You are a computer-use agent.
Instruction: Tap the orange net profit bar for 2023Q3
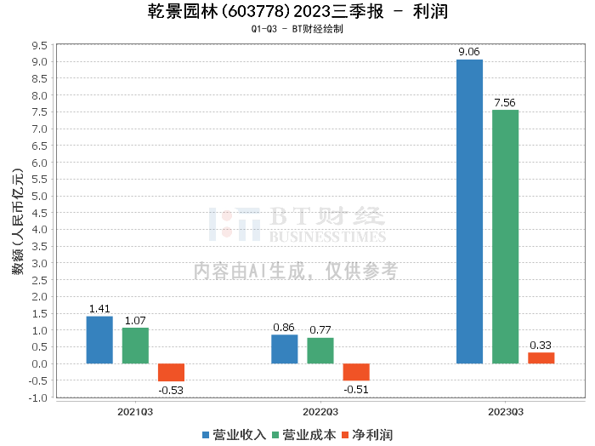pos(541,357)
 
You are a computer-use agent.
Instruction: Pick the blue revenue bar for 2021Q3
pos(99,340)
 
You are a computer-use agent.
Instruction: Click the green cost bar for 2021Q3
pos(135,346)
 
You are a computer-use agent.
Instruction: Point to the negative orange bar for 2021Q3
pos(171,372)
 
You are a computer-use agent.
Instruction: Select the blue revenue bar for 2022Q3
pos(285,349)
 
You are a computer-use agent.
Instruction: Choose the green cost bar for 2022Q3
pos(320,351)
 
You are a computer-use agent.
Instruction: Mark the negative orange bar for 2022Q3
pos(356,372)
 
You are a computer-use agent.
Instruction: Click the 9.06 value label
pos(469,52)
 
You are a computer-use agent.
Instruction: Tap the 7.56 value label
pos(505,102)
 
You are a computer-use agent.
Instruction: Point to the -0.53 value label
pos(171,391)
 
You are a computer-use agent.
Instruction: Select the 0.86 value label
pos(285,327)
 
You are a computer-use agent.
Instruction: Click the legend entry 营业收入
pos(235,435)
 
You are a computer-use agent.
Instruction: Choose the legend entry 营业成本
pos(303,435)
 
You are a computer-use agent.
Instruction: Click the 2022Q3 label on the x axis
pos(320,411)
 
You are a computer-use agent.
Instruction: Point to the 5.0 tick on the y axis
pos(38,196)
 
